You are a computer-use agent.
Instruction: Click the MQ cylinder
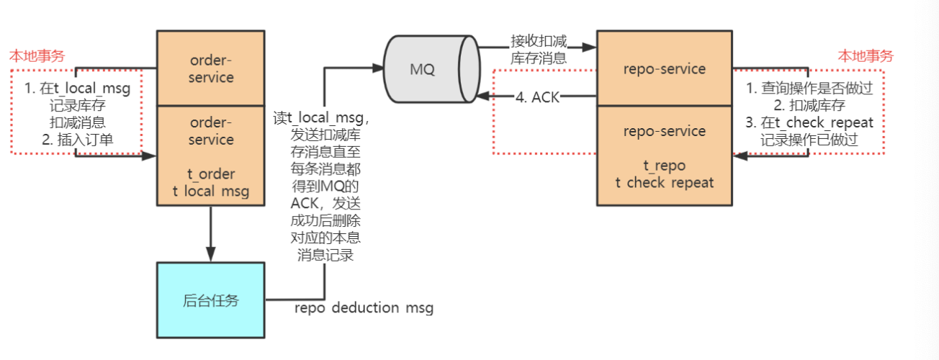(x=431, y=70)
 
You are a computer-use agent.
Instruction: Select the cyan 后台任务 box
(x=211, y=300)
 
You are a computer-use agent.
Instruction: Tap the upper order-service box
(x=211, y=68)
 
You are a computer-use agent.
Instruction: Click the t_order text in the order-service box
(x=211, y=174)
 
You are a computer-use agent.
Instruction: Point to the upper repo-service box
(x=665, y=68)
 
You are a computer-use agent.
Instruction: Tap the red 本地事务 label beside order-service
(x=37, y=55)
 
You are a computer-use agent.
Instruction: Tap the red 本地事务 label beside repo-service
(x=865, y=55)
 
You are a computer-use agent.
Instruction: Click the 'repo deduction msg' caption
(x=364, y=308)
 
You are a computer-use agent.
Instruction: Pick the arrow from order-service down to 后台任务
(x=211, y=234)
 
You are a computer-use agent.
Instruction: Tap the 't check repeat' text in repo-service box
(x=665, y=183)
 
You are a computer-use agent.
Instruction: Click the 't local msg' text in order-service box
(x=211, y=190)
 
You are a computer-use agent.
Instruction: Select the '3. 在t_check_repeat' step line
(x=810, y=122)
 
